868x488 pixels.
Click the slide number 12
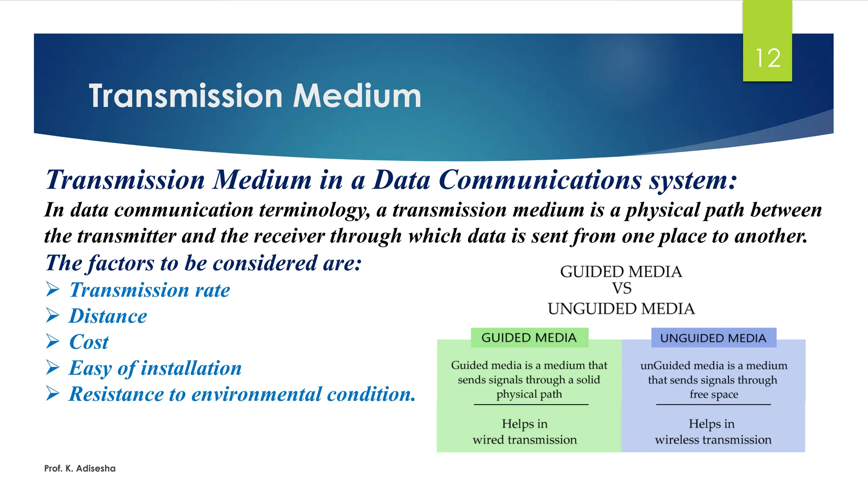768,58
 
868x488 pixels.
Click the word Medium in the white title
357,96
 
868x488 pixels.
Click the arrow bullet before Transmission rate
53,290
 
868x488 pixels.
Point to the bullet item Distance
108,316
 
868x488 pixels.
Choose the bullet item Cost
89,342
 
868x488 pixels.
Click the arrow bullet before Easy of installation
53,368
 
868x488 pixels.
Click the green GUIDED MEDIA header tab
529,338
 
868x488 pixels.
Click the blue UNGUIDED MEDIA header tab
713,338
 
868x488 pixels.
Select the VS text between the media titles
621,289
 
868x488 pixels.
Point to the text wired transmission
525,440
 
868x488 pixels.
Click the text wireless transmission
713,440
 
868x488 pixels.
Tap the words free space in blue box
714,394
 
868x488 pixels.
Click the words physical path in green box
529,394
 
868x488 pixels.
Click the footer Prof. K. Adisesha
80,469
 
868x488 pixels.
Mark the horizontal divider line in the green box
531,405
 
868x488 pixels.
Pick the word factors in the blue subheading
120,263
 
